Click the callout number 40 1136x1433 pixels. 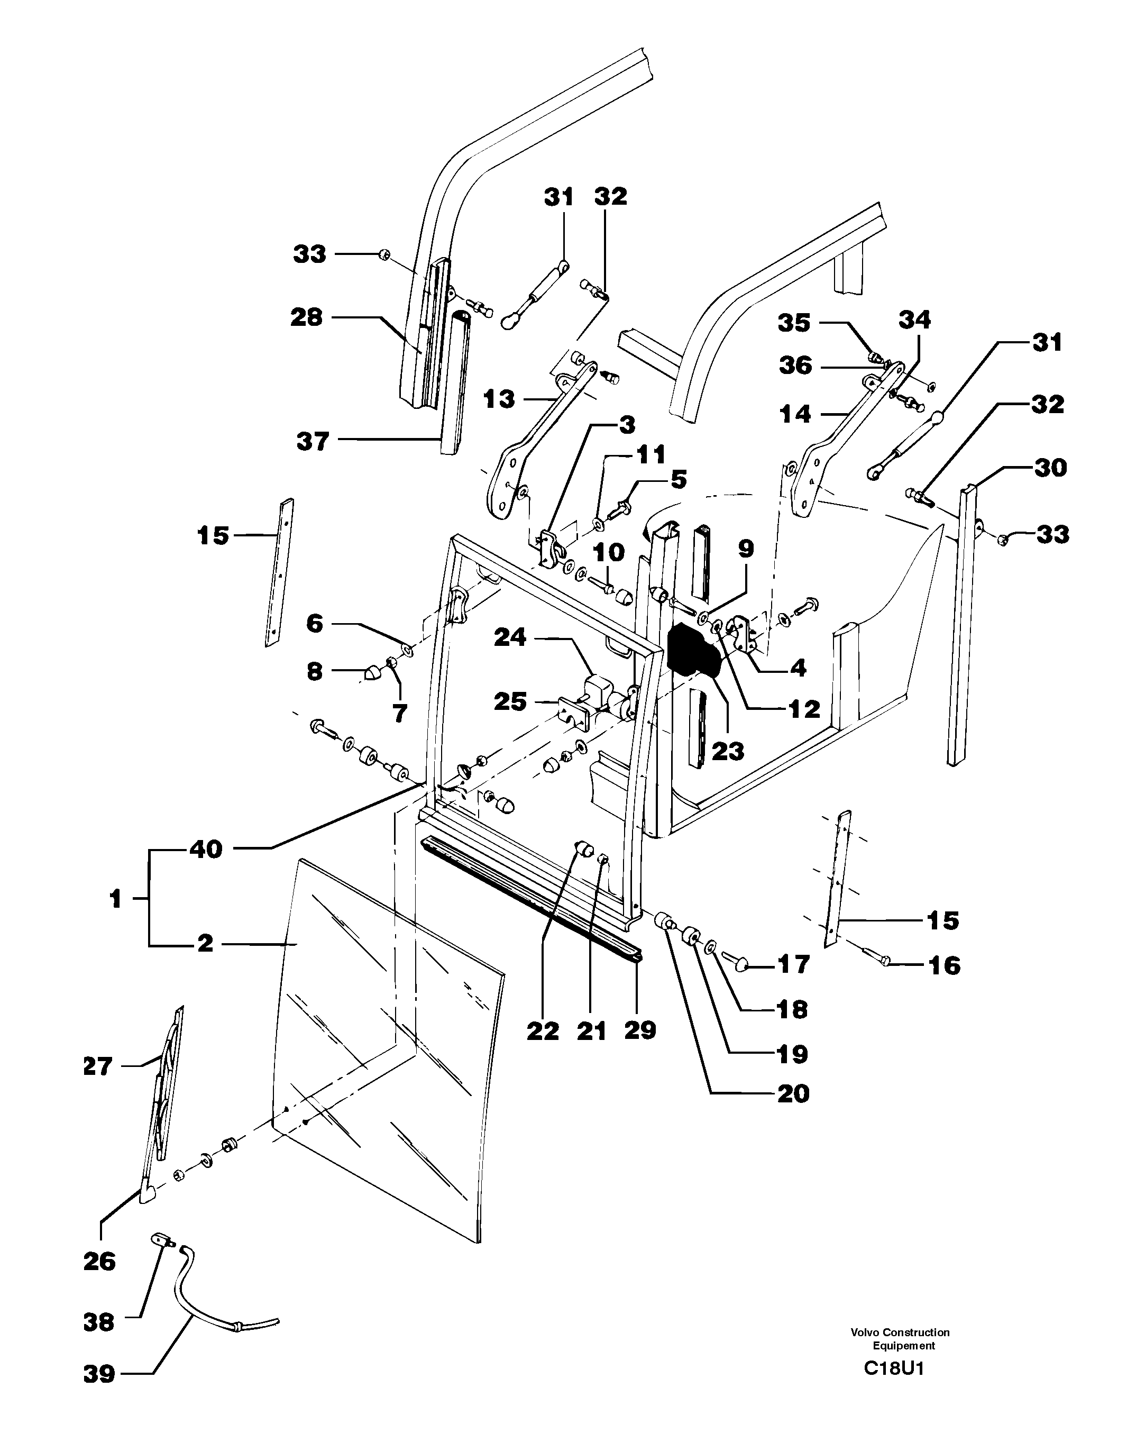[x=205, y=849]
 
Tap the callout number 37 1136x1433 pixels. [x=312, y=441]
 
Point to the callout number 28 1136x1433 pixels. [x=306, y=317]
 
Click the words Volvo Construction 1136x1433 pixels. [x=900, y=1332]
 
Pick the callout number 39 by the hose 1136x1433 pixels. [x=99, y=1374]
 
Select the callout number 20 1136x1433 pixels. [x=793, y=1093]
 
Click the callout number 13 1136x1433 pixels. [x=499, y=399]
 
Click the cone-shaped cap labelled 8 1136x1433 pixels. [x=373, y=673]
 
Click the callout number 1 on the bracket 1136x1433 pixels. [x=116, y=899]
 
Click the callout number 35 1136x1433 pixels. [x=794, y=323]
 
